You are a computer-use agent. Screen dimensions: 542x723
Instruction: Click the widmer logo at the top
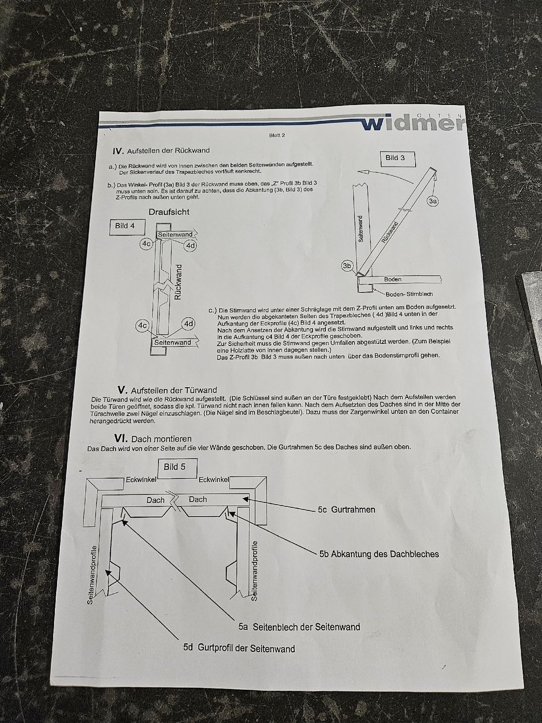click(x=414, y=122)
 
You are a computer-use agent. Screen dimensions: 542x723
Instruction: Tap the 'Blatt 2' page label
click(x=277, y=135)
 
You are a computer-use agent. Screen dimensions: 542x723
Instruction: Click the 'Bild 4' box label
click(x=125, y=226)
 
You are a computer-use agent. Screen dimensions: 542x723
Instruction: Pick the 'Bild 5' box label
click(x=174, y=467)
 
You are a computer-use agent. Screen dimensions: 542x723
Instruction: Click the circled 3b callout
click(x=347, y=266)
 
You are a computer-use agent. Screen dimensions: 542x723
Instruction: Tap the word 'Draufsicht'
click(x=169, y=212)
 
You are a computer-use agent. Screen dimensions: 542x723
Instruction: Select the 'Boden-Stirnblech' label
click(x=409, y=294)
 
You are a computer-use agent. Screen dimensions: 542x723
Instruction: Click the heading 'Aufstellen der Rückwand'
click(x=168, y=151)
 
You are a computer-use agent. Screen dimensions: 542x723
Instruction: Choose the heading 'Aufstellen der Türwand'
click(x=174, y=390)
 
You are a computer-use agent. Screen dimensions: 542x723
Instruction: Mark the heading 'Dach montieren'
click(x=161, y=439)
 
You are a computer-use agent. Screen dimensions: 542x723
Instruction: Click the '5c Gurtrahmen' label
click(x=346, y=509)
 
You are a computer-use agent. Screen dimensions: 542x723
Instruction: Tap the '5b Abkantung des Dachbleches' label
click(x=379, y=554)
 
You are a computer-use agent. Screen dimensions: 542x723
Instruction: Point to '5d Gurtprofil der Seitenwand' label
click(x=239, y=648)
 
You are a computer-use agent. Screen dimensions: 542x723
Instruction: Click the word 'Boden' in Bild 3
click(x=393, y=280)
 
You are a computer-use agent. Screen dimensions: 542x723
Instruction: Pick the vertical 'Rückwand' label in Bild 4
click(x=178, y=282)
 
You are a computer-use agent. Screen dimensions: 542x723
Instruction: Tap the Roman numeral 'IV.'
click(x=118, y=151)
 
